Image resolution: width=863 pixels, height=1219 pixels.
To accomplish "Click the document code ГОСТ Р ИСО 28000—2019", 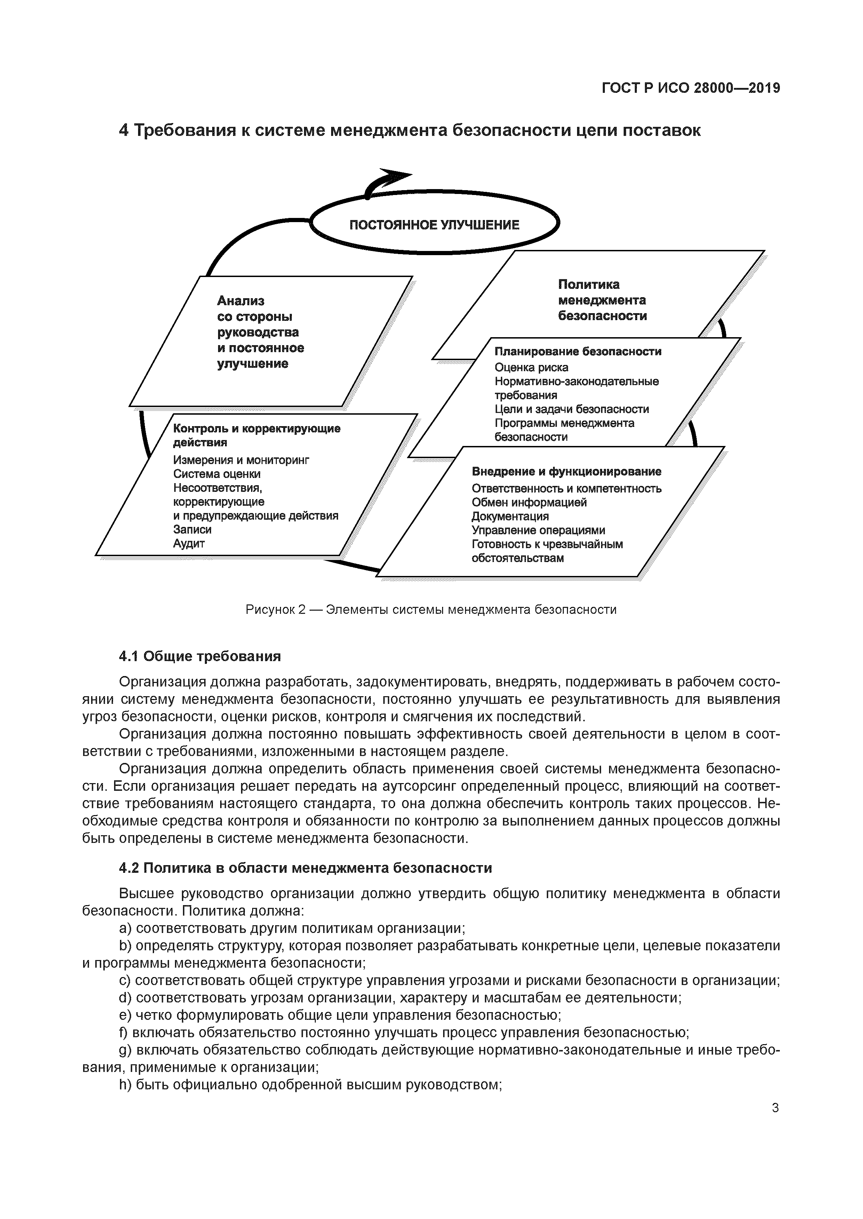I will (691, 89).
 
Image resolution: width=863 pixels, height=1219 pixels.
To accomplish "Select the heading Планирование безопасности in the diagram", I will (578, 351).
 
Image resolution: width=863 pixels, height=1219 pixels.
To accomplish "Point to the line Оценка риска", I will (531, 367).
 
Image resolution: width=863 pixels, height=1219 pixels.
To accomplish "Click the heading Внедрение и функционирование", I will (567, 471).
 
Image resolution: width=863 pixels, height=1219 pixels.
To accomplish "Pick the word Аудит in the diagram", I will (189, 543).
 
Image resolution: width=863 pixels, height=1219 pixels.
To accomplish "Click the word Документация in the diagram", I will (510, 516).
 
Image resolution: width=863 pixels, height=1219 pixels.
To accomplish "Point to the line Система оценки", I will (217, 473).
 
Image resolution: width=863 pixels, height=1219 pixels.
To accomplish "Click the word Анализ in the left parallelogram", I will (240, 301).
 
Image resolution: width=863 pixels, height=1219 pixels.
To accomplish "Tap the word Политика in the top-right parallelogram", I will (588, 285).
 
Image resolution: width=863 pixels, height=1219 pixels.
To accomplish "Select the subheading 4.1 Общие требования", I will (199, 657).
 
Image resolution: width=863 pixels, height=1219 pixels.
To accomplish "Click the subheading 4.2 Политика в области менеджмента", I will (305, 868).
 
